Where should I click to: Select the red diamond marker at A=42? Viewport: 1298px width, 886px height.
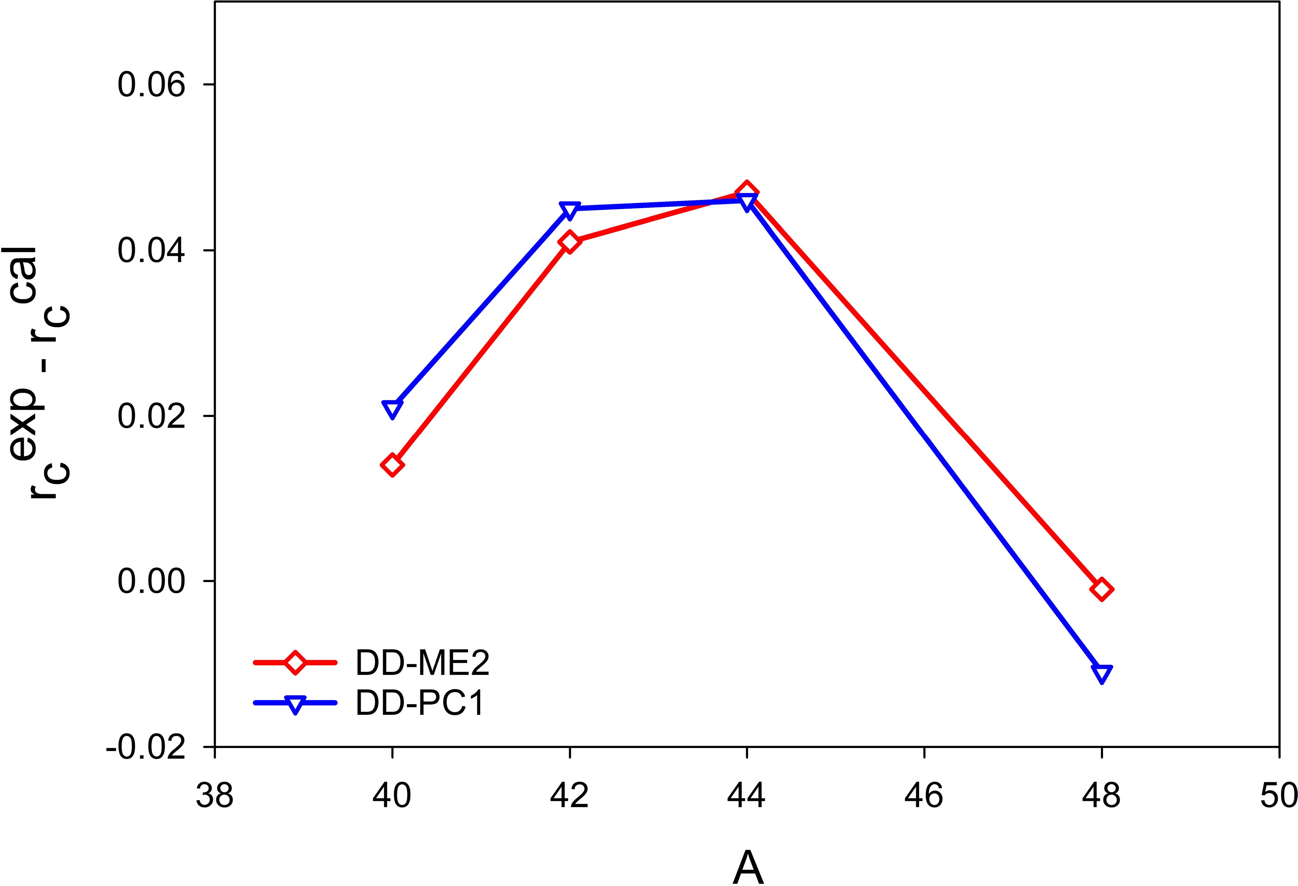[569, 242]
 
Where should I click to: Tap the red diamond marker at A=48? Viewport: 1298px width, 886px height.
[1101, 589]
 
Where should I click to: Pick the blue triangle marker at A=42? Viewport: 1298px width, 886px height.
[569, 209]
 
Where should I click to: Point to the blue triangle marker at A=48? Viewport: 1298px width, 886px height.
[1101, 673]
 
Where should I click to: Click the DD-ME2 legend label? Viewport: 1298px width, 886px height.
[422, 663]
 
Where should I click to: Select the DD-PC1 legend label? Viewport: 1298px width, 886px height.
[419, 703]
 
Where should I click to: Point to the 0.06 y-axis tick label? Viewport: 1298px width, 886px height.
[151, 86]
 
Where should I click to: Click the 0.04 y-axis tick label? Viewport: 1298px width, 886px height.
[151, 251]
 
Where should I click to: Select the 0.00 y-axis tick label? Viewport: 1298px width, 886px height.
[151, 581]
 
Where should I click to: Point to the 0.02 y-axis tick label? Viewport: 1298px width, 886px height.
[151, 416]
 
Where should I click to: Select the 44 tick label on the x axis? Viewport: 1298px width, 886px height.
[747, 795]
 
